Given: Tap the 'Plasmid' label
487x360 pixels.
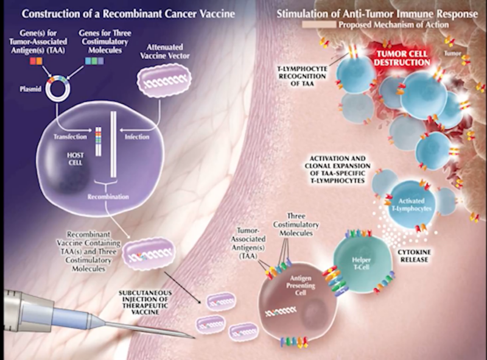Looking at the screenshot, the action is tap(30, 89).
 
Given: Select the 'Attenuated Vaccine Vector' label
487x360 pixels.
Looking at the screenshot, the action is tap(164, 52).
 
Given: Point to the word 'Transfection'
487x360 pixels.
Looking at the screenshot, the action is tap(70, 136).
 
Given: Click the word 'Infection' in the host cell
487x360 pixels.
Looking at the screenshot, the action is tap(137, 136).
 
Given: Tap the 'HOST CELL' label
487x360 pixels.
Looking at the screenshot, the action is tap(75, 158).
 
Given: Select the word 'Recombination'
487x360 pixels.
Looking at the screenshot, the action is tap(108, 197).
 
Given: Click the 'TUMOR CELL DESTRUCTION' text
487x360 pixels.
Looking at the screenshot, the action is tap(402, 58).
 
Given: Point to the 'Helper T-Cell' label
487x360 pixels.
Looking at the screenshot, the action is tap(361, 263).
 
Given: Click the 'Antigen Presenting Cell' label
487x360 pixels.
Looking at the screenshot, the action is tap(301, 286).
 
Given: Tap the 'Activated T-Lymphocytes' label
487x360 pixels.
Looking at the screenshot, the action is tap(412, 205).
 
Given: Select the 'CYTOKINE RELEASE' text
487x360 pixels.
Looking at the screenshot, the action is tap(415, 256).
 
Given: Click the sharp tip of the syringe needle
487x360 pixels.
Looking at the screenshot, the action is tap(195, 338).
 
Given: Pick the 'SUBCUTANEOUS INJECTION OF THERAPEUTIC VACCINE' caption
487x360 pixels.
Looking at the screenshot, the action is tap(145, 303).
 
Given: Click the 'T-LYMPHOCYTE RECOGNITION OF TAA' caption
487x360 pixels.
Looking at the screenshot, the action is tap(302, 76).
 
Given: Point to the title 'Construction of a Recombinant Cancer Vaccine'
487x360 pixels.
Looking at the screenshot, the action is tap(128, 14).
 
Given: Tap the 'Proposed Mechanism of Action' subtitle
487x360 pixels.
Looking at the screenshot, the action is tap(393, 24).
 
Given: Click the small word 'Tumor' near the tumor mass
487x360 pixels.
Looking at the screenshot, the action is tap(452, 53).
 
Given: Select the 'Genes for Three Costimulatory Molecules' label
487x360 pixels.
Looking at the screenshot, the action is tap(105, 41).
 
